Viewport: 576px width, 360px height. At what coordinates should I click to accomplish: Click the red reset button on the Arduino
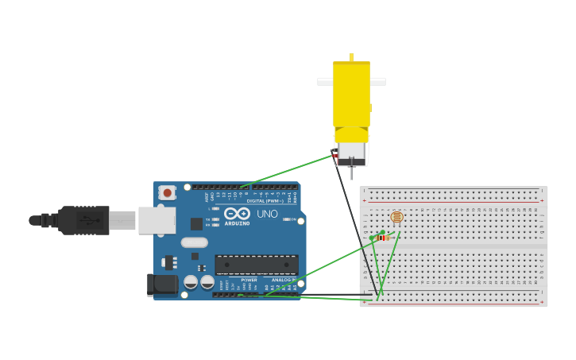pos(167,192)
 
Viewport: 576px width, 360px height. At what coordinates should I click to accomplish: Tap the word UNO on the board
pos(267,214)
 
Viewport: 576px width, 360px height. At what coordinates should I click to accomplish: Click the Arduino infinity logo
pos(237,213)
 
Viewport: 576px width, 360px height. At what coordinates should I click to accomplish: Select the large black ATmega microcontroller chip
pos(257,265)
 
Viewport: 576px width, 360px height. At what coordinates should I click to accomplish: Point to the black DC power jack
pos(163,285)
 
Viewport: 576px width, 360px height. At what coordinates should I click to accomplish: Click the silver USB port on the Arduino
pos(157,220)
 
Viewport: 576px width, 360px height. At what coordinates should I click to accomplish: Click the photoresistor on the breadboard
pos(396,217)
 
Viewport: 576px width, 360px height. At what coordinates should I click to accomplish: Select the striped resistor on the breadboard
pos(383,238)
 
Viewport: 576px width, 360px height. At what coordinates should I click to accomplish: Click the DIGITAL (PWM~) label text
pos(266,201)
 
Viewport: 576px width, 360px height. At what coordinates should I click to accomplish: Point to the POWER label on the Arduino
pos(249,280)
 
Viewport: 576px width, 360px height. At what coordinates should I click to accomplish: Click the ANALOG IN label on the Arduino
pos(283,280)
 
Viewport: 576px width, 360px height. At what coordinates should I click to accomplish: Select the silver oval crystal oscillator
pos(194,243)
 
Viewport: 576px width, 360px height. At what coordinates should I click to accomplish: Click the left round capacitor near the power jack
pos(191,282)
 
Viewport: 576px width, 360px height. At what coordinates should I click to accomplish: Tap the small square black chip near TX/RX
pos(196,224)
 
